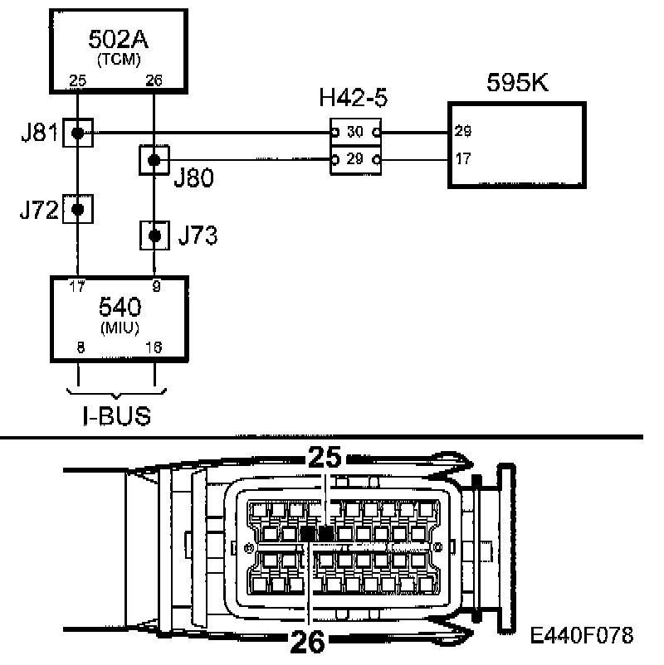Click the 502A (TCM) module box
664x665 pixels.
[x=116, y=50]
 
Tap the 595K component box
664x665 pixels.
[x=516, y=146]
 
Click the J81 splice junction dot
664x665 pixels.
[x=76, y=132]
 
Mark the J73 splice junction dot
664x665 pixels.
[x=154, y=235]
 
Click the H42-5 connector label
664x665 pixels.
[x=354, y=100]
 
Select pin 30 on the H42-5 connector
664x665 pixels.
[x=355, y=132]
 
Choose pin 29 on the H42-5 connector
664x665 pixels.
[x=355, y=158]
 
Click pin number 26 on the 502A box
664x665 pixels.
[x=154, y=80]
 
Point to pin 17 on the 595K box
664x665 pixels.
[x=463, y=158]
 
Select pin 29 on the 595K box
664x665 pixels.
[x=463, y=132]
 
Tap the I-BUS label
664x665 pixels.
[x=117, y=415]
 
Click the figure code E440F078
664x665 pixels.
[x=582, y=635]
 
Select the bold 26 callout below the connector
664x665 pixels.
[x=309, y=641]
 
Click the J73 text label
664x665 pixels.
[x=198, y=236]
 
